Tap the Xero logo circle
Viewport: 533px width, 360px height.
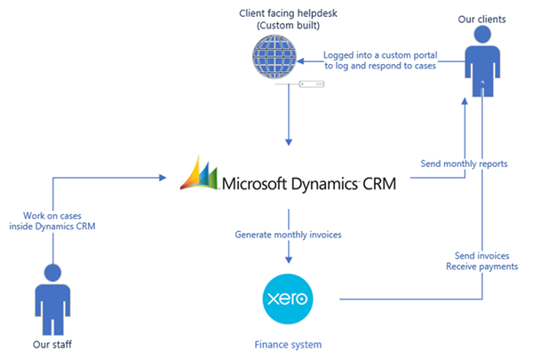click(x=289, y=300)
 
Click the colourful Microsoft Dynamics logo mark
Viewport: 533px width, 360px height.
click(x=200, y=172)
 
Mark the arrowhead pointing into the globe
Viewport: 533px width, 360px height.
click(x=302, y=62)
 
